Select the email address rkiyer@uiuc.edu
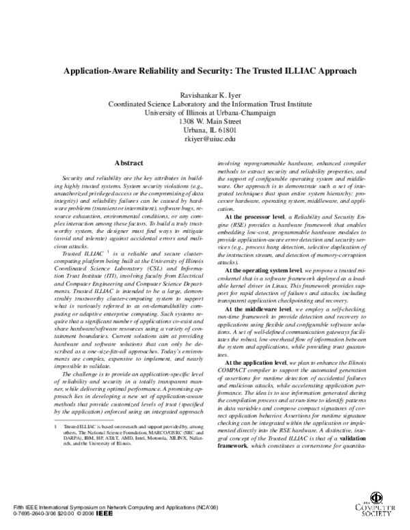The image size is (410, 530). tap(205, 139)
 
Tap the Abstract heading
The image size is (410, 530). tap(128, 163)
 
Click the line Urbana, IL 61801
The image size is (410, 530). tap(205, 130)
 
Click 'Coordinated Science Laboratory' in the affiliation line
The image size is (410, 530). tap(156, 104)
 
